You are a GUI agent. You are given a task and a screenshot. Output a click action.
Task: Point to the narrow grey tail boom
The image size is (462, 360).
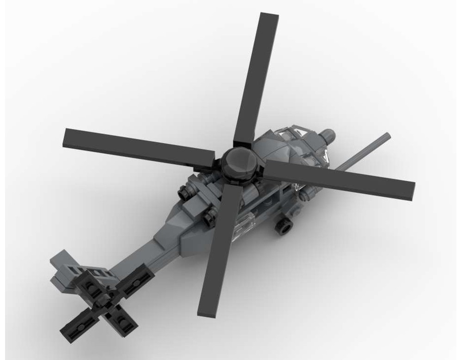click(139, 259)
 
